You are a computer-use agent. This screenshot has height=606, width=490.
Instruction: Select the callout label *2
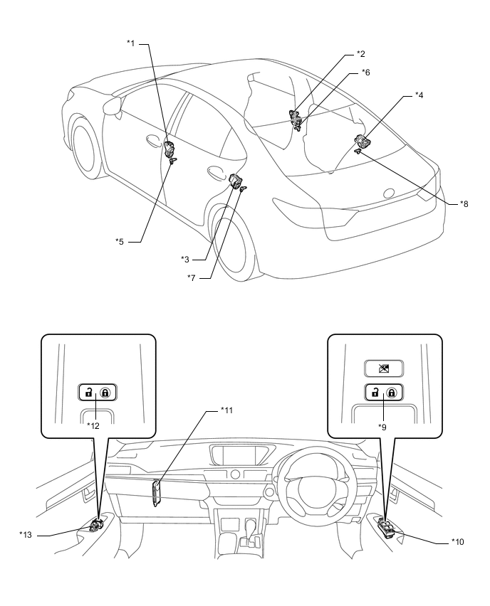pyautogui.click(x=360, y=54)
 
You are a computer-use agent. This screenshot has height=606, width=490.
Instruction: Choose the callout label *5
pyautogui.click(x=120, y=242)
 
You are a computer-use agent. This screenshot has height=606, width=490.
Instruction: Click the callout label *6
pyautogui.click(x=365, y=72)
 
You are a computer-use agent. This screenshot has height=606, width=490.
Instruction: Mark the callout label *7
pyautogui.click(x=191, y=278)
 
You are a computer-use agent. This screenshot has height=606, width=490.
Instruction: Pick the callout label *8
pyautogui.click(x=463, y=204)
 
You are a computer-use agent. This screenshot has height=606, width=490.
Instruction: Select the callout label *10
pyautogui.click(x=458, y=542)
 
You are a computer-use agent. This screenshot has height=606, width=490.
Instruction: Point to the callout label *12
pyautogui.click(x=93, y=425)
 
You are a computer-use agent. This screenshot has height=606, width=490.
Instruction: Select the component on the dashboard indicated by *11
pyautogui.click(x=157, y=491)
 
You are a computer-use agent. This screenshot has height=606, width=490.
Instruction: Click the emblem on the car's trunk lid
pyautogui.click(x=388, y=193)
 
